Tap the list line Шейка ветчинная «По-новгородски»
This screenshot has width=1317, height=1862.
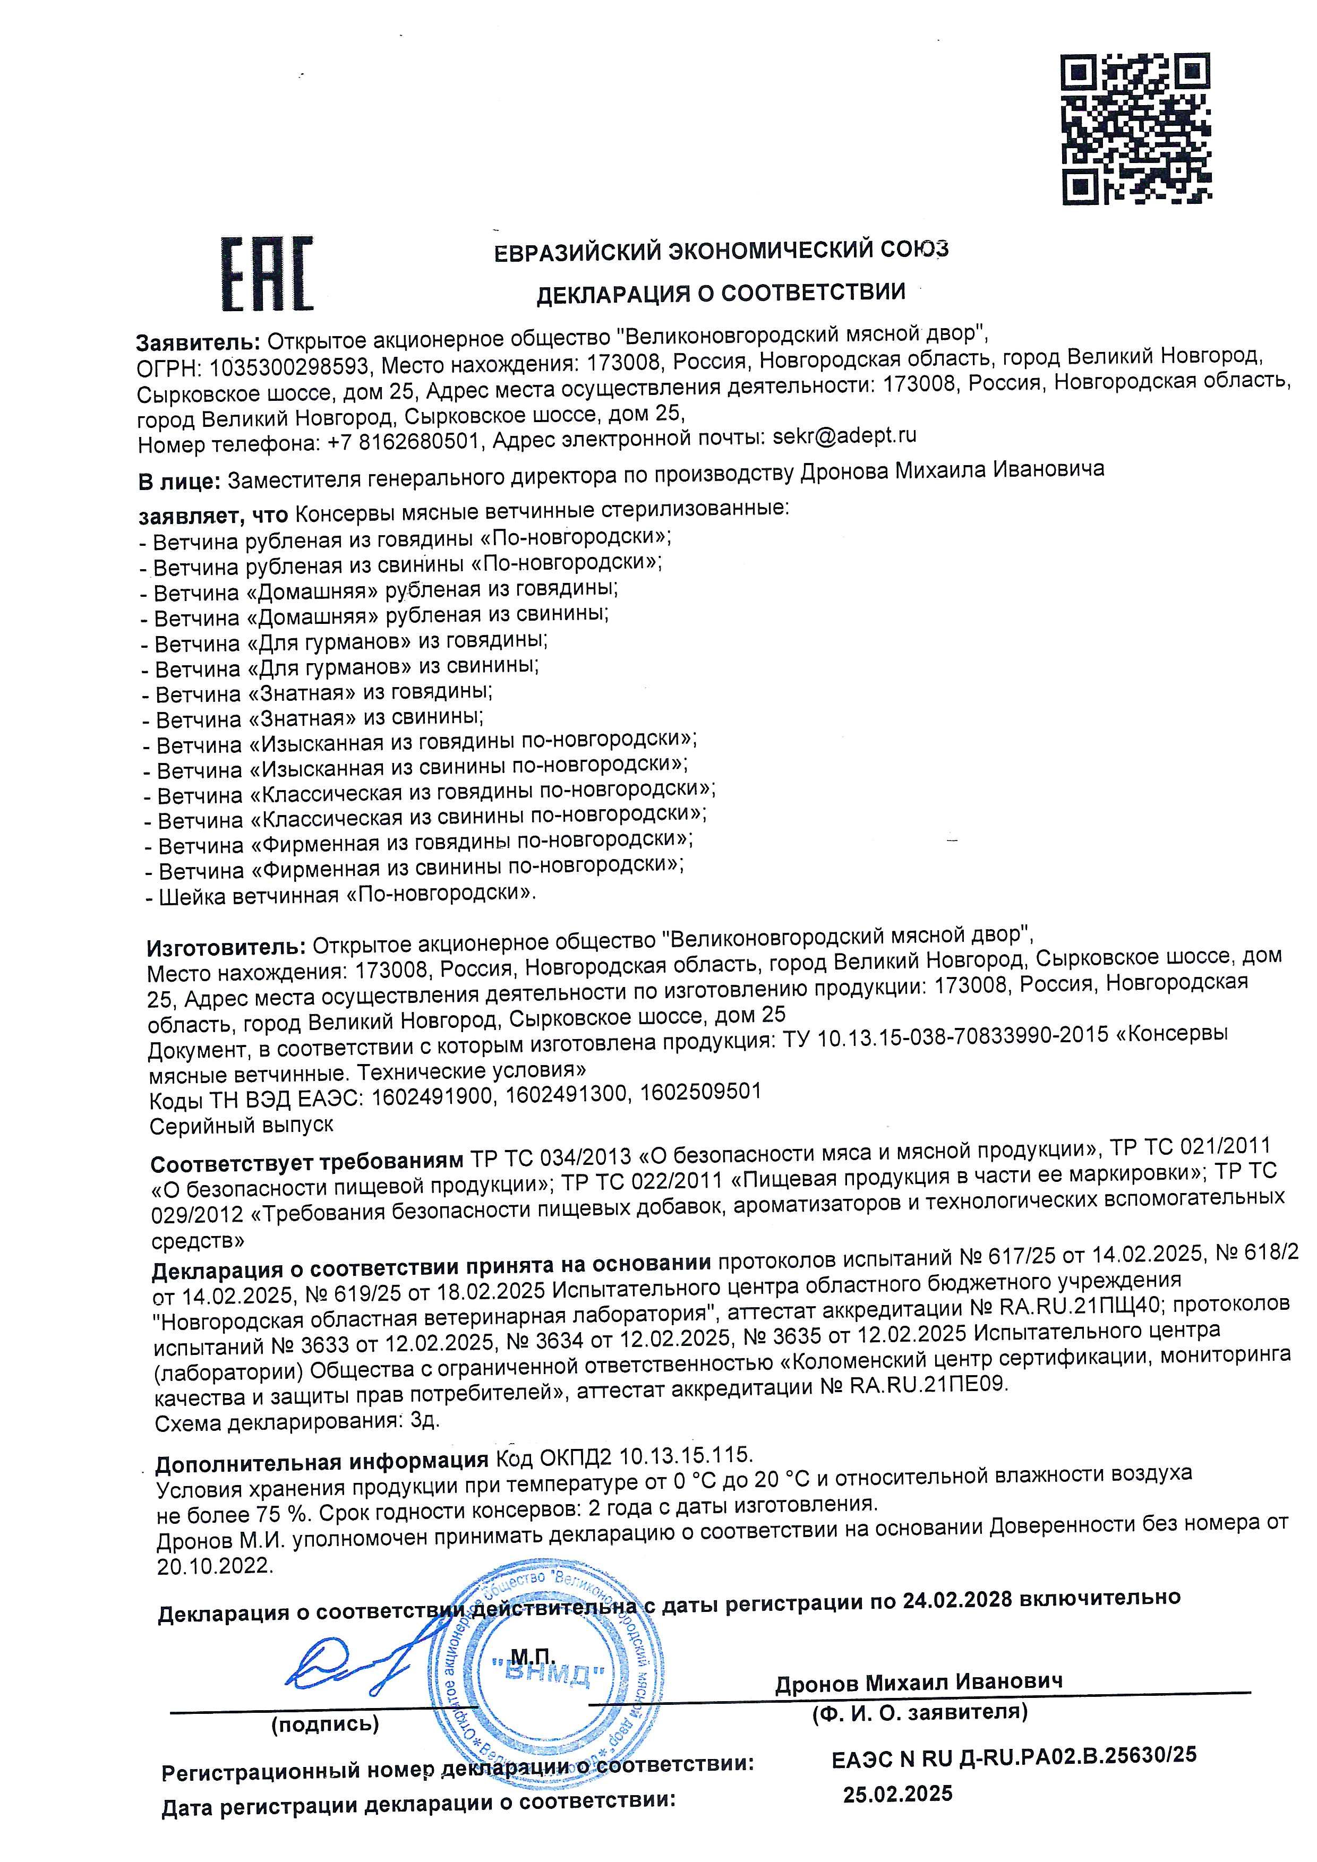coord(340,895)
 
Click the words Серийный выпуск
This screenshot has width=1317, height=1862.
coord(241,1125)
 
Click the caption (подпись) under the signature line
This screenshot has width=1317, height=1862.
coord(324,1724)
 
